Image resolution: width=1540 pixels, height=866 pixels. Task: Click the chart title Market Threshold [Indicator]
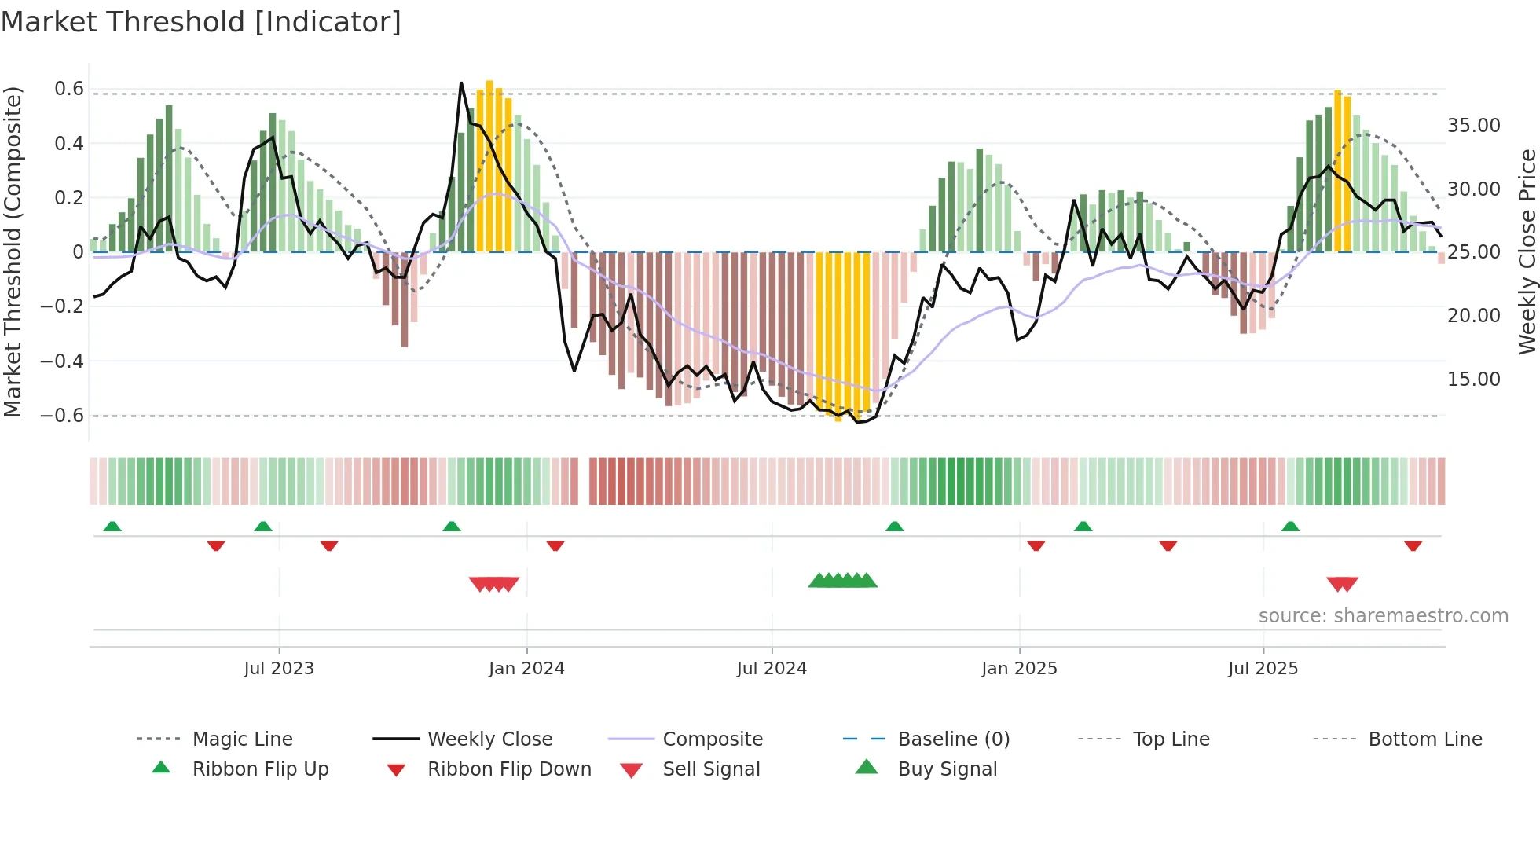point(201,22)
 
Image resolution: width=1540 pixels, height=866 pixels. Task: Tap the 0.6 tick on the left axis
point(69,89)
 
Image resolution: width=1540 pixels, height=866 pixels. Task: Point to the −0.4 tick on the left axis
point(62,361)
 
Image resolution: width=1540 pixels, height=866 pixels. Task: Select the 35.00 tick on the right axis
point(1473,126)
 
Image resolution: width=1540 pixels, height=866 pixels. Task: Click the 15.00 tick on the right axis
point(1473,380)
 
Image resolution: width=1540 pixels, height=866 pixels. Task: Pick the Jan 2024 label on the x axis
point(526,669)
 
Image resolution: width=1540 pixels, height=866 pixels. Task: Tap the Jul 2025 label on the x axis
point(1263,669)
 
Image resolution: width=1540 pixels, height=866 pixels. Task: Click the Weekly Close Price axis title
point(1526,251)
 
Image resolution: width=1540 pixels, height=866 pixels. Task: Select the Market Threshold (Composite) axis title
point(13,251)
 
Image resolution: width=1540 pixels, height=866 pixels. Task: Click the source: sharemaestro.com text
point(1383,616)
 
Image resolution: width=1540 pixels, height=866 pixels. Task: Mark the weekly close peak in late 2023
point(461,83)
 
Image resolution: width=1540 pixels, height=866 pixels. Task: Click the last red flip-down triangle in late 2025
point(1413,545)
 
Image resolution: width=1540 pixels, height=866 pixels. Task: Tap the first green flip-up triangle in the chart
point(112,527)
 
